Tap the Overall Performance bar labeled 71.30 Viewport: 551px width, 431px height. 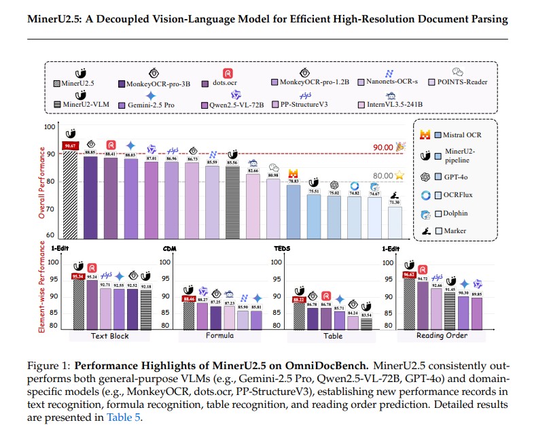coord(395,222)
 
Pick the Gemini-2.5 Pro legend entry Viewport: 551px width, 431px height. coord(150,105)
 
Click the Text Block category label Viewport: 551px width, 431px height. coord(109,336)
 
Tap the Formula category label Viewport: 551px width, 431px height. coord(219,336)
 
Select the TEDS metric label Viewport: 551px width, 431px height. coord(282,249)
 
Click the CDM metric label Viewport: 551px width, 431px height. coord(171,249)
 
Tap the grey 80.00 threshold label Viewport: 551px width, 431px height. coord(383,175)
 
